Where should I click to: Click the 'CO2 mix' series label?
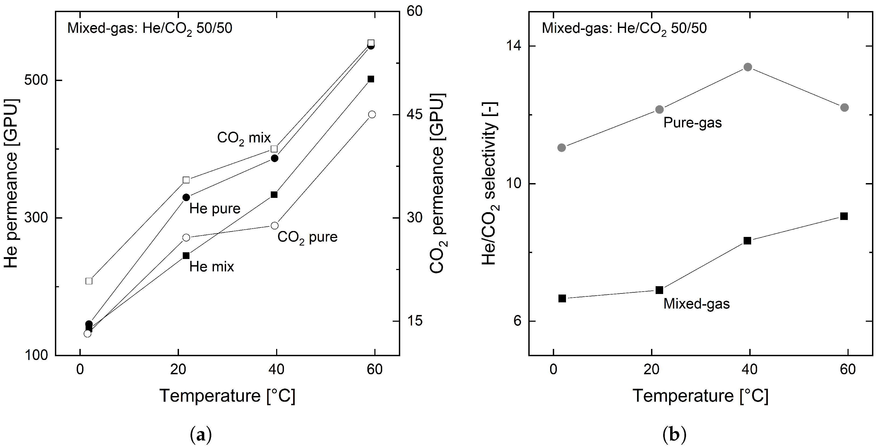244,138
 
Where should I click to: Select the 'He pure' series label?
215,209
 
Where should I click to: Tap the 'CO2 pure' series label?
307,237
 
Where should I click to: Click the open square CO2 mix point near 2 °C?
89,281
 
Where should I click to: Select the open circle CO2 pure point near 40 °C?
274,226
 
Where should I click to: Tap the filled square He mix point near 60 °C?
371,79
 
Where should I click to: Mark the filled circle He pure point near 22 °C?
186,198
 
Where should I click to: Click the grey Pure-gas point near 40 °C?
748,67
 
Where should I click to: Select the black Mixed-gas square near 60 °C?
844,216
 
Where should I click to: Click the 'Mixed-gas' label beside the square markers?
696,304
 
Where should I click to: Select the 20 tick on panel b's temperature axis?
651,369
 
